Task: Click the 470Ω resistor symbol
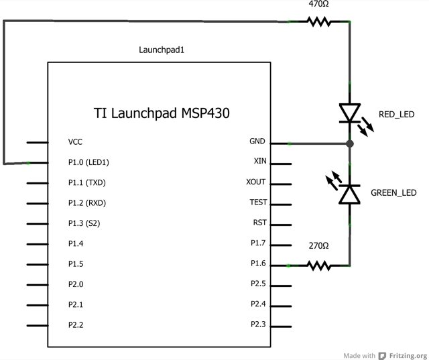(x=319, y=21)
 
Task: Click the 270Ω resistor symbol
(x=319, y=265)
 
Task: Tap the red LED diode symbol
(x=349, y=113)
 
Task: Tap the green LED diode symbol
(x=349, y=194)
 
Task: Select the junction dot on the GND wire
(x=349, y=143)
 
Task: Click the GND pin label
(x=257, y=141)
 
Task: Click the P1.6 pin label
(x=258, y=263)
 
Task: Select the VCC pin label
(x=76, y=142)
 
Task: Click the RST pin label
(x=259, y=223)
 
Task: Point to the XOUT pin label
(x=256, y=182)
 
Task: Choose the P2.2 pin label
(x=76, y=324)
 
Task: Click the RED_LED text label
(x=397, y=115)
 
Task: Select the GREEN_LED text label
(x=393, y=192)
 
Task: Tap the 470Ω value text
(x=318, y=5)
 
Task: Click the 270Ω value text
(x=318, y=246)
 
